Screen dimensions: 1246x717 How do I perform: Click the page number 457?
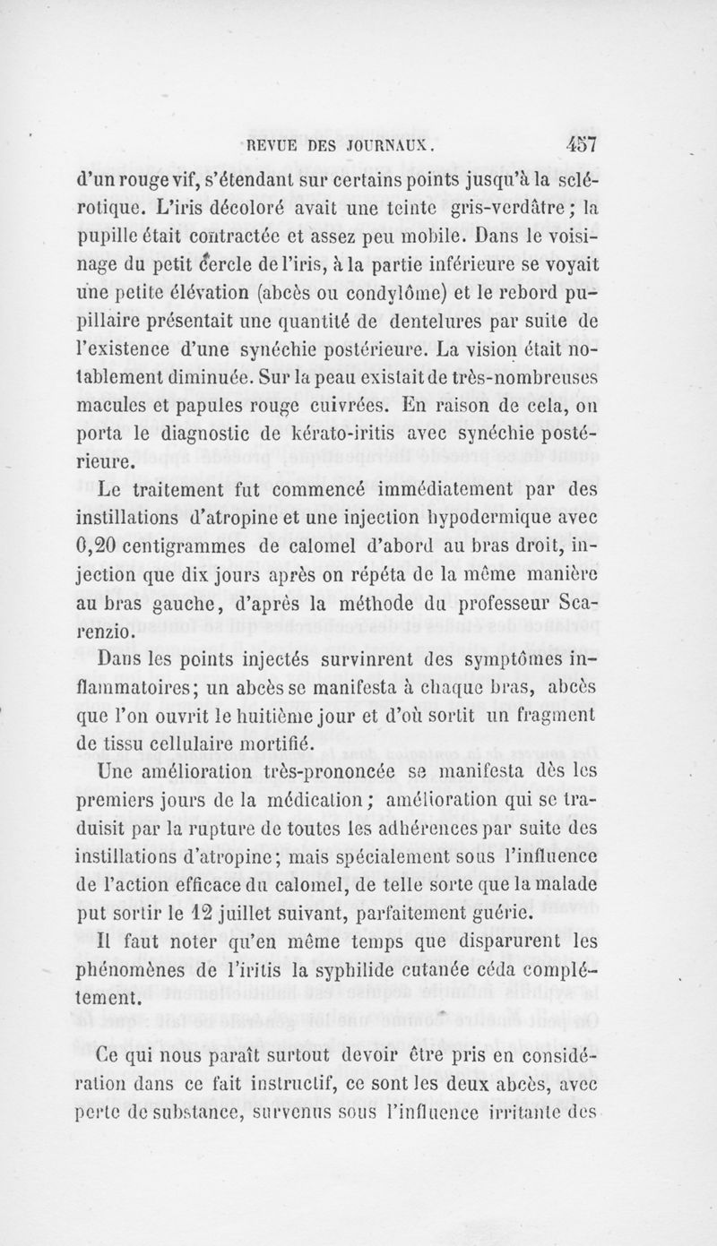pos(582,143)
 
